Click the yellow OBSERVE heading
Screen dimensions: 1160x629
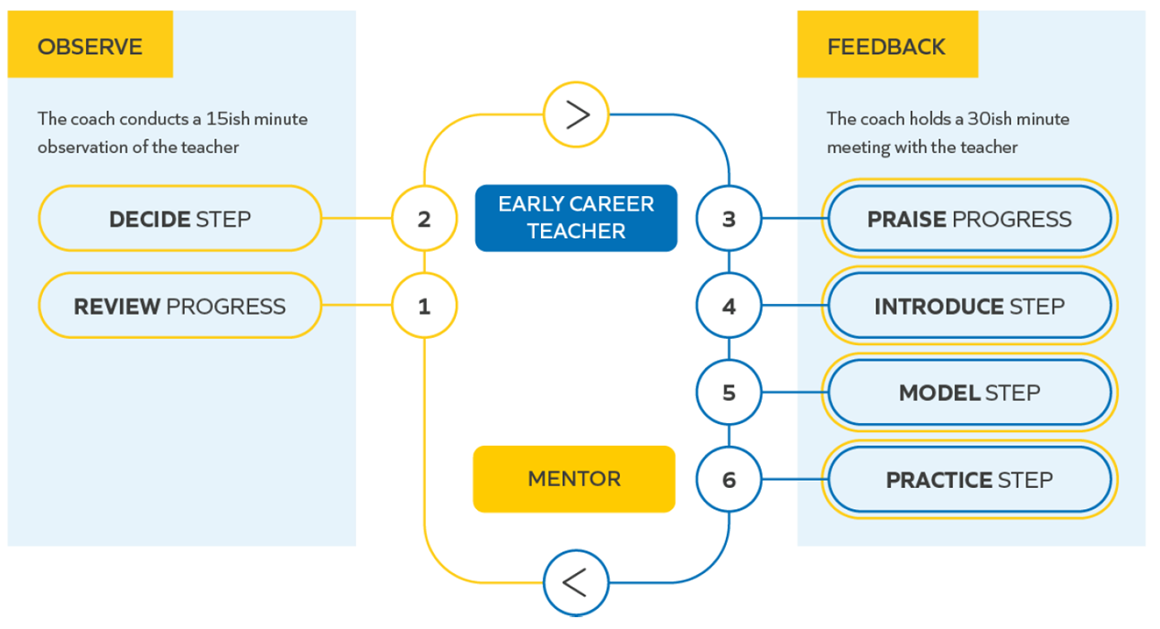point(90,44)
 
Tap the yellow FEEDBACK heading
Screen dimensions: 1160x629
point(887,44)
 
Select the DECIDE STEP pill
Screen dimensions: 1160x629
point(179,219)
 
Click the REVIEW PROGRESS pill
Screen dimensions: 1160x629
point(179,306)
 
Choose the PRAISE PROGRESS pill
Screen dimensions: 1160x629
point(970,219)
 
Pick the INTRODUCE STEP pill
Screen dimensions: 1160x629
point(970,306)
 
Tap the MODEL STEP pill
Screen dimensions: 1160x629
point(970,393)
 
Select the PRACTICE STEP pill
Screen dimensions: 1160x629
point(970,480)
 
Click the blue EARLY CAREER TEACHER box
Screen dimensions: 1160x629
point(577,218)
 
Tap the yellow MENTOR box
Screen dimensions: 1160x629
point(574,479)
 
